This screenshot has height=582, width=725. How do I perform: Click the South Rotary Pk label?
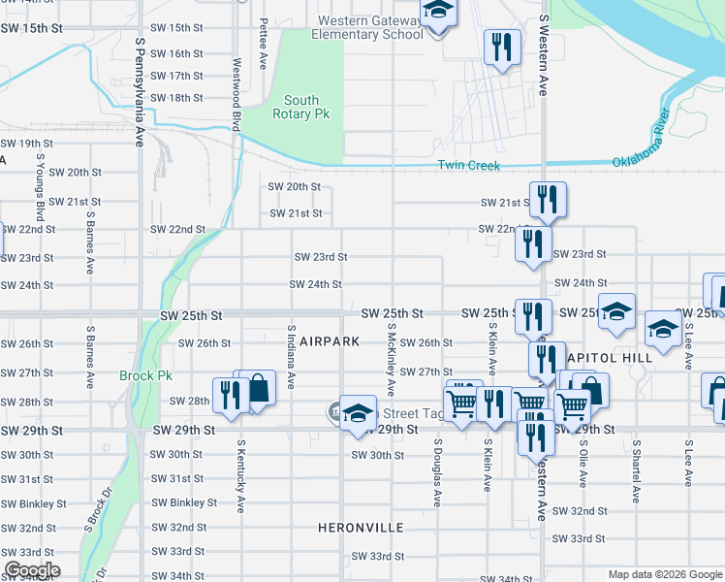coord(301,108)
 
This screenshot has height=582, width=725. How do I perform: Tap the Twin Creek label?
coord(469,166)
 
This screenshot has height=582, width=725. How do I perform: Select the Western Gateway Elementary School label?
coord(367,27)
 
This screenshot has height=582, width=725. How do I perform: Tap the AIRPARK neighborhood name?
coord(330,341)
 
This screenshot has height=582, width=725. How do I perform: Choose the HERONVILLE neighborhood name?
coord(361,528)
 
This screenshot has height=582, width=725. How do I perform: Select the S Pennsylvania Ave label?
coord(140,91)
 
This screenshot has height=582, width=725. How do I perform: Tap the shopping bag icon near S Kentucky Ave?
coord(259,390)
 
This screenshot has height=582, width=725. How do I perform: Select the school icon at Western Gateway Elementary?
coord(438,12)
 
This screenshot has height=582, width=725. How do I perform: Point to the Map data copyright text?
coord(663,574)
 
